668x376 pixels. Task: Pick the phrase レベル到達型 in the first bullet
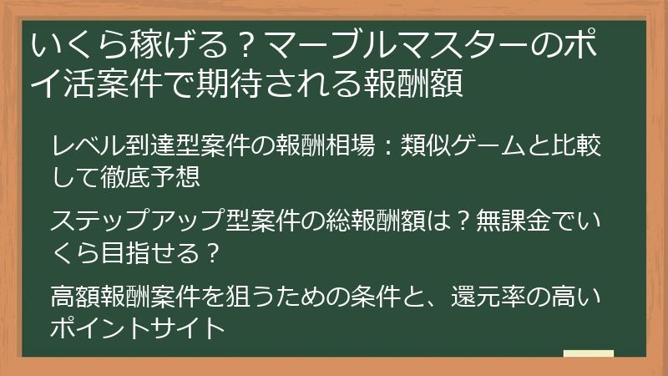click(121, 148)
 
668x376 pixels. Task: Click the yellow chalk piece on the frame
click(589, 353)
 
